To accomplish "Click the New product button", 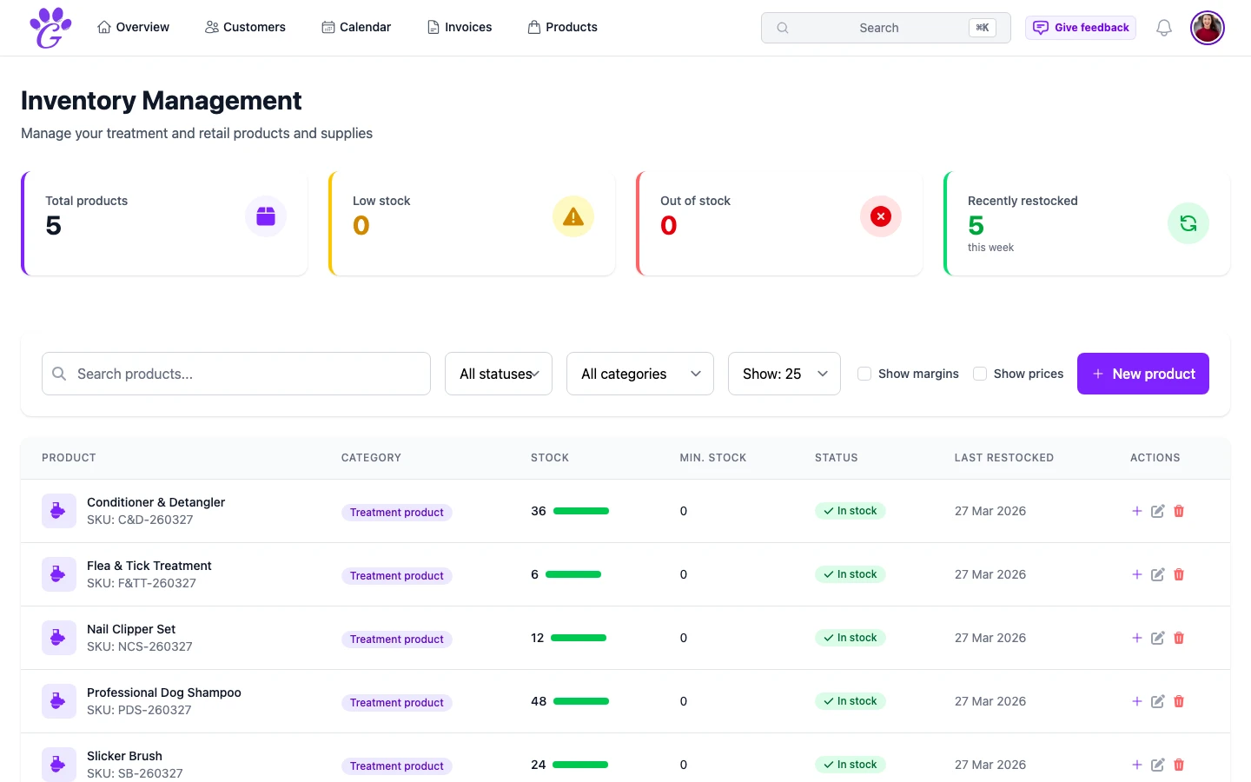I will pos(1142,374).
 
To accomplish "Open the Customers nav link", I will pos(245,27).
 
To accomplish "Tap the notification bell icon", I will pos(1163,28).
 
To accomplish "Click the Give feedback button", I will pos(1081,28).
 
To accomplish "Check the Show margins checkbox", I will pos(864,374).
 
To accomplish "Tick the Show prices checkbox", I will pos(980,374).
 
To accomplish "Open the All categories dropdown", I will pos(639,374).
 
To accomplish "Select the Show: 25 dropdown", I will pos(784,374).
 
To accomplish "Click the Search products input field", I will pos(236,374).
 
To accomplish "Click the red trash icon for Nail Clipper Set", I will pos(1179,638).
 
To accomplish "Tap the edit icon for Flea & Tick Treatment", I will pos(1157,574).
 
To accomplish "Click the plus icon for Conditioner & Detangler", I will pos(1136,511).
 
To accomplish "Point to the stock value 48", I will pos(539,701).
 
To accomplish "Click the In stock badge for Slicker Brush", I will pos(850,765).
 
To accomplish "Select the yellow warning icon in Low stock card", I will pos(573,216).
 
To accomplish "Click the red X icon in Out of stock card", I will pos(881,216).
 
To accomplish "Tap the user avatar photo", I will pos(1207,28).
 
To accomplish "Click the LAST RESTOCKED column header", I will pos(1003,458).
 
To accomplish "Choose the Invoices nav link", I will pos(460,27).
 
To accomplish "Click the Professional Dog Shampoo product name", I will pos(164,693).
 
